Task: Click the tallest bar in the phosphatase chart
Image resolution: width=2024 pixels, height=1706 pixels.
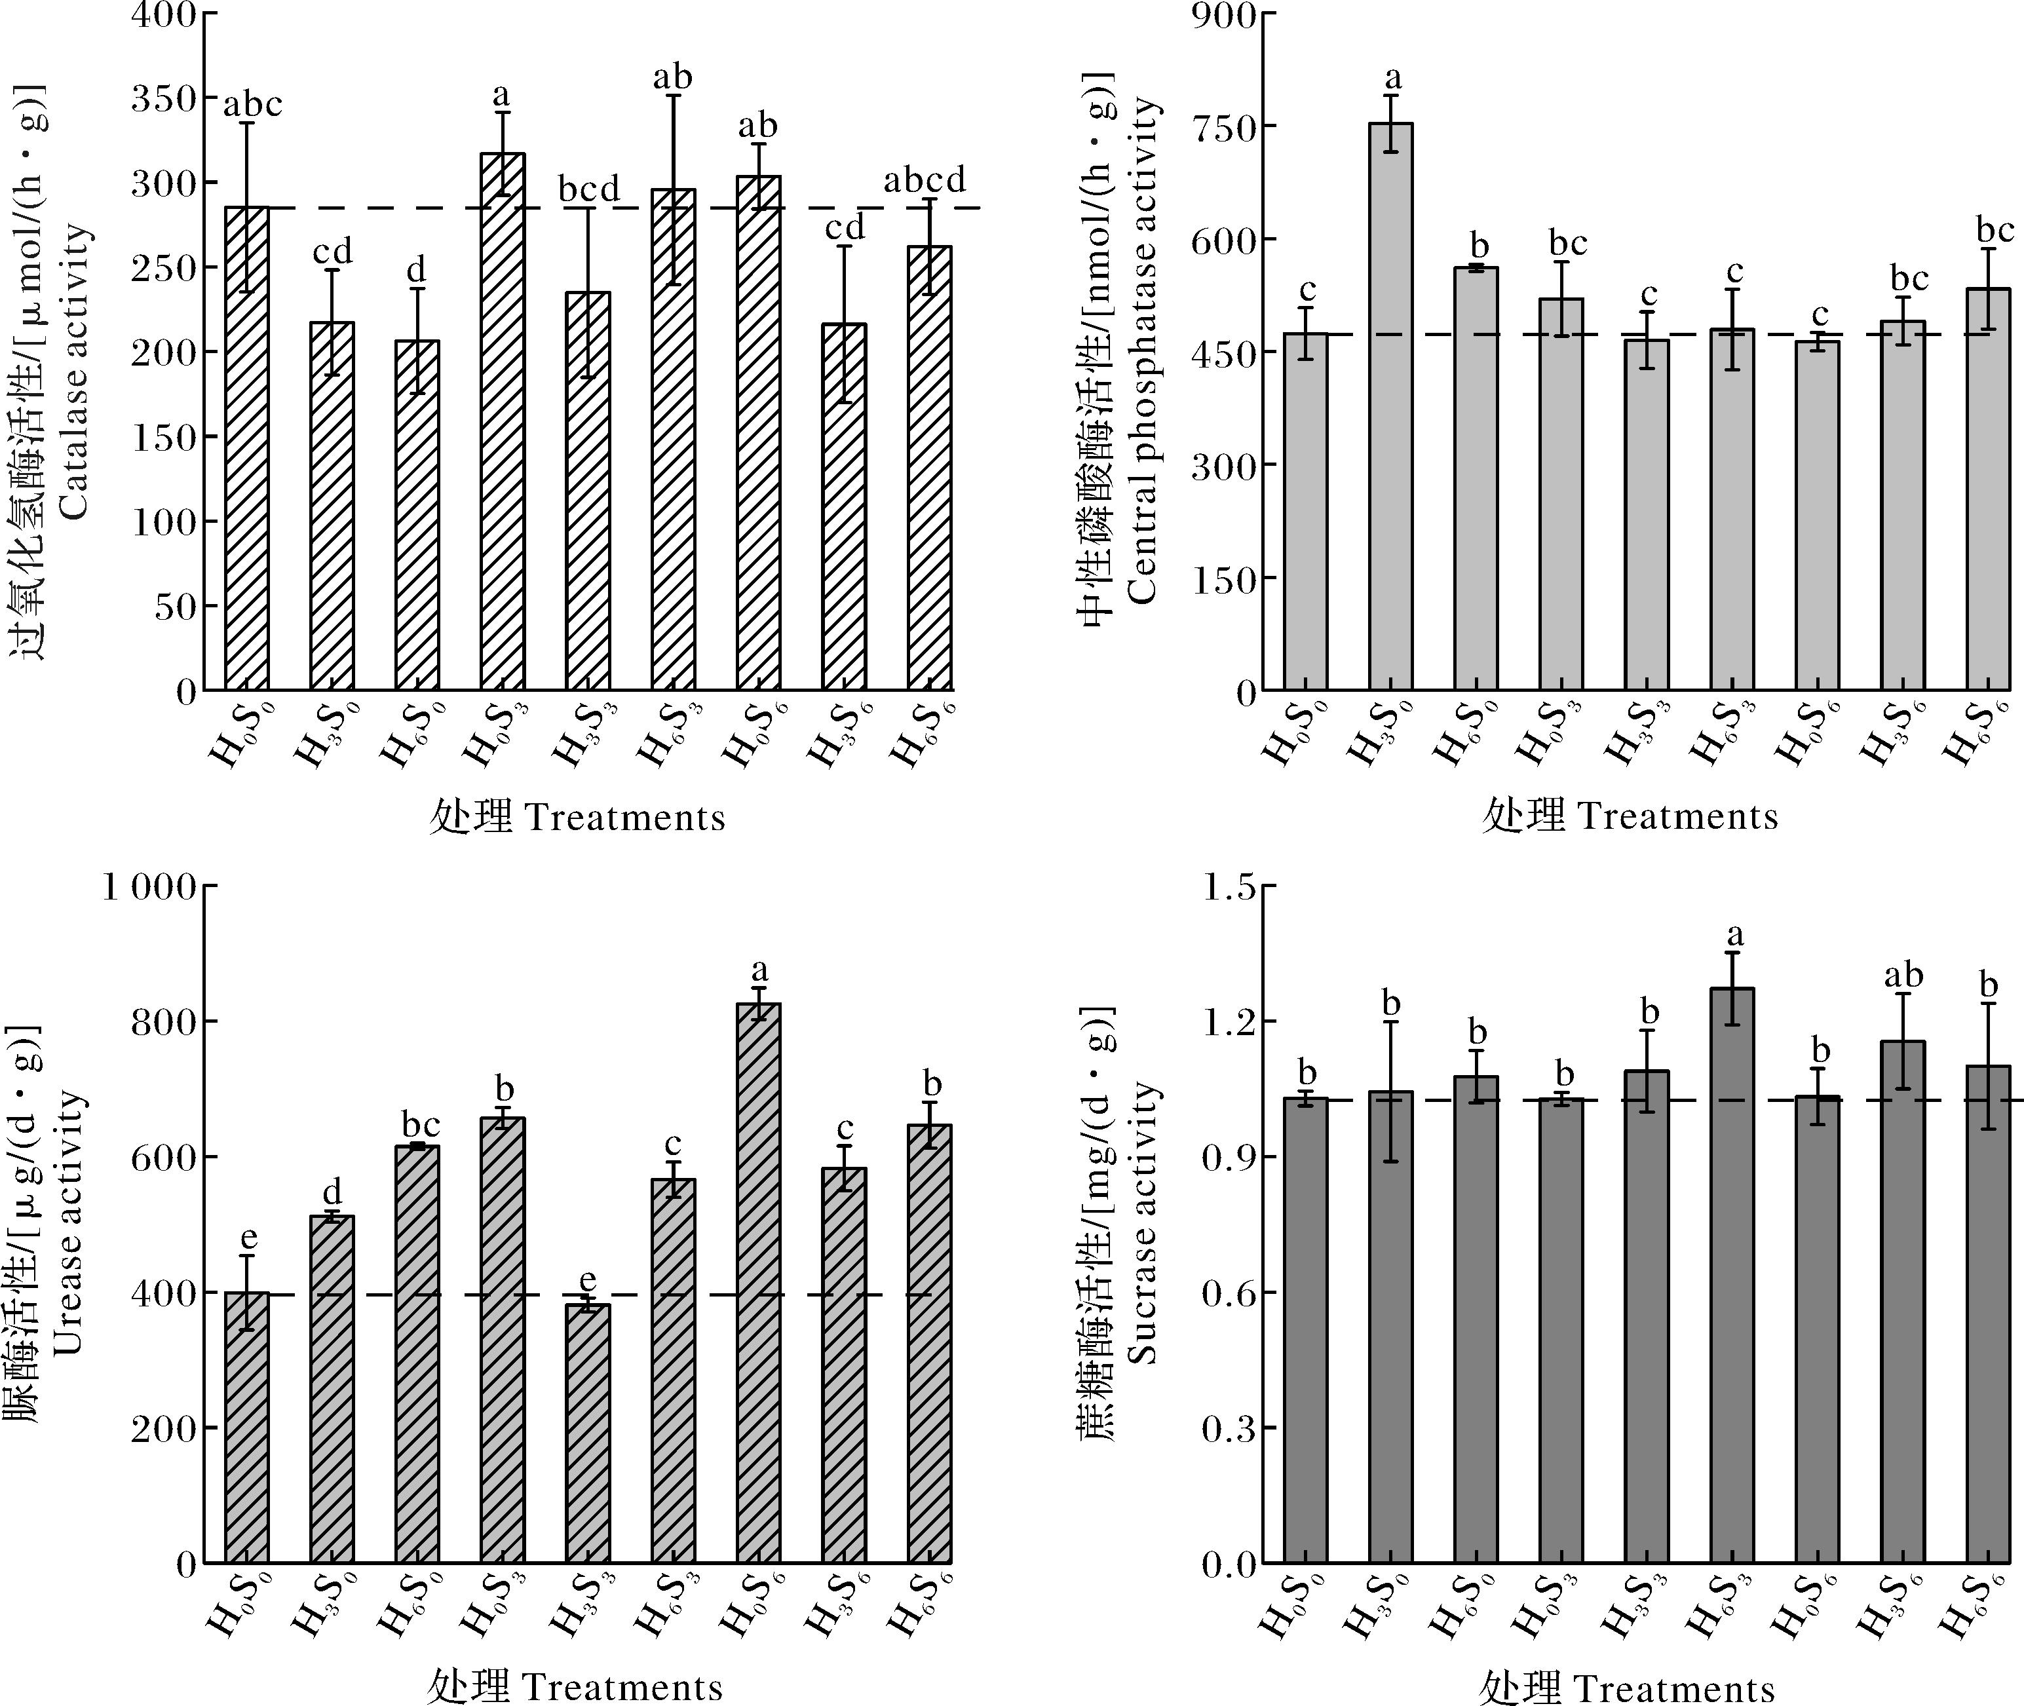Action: click(x=1390, y=406)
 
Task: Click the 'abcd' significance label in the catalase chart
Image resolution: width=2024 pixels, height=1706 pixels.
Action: click(x=925, y=180)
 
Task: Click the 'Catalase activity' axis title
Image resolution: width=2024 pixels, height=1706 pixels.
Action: click(x=75, y=371)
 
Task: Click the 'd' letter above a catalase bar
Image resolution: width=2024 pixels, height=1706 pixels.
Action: click(x=417, y=268)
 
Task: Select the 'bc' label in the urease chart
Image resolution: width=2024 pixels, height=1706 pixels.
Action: click(x=420, y=1125)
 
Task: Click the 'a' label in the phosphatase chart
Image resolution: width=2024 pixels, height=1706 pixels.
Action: click(x=1392, y=77)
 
